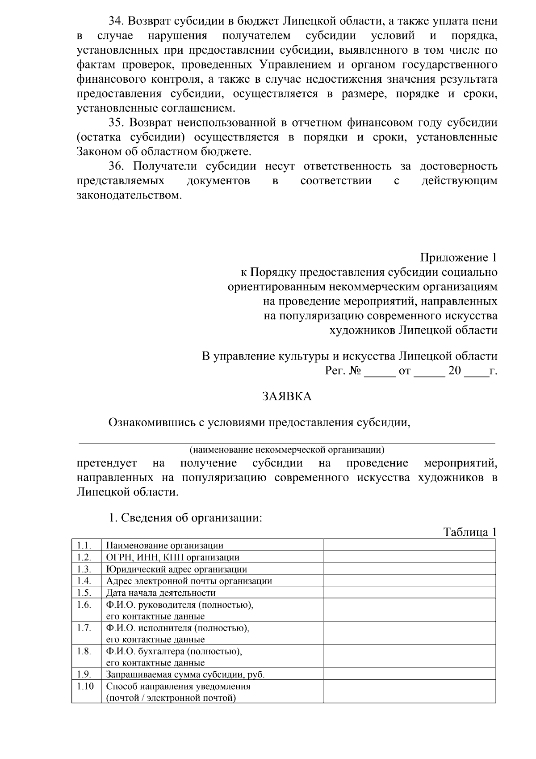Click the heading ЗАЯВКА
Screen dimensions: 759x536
[286, 397]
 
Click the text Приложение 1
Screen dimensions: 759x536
[458, 258]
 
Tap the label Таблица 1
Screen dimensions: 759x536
[469, 532]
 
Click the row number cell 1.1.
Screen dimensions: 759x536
[84, 545]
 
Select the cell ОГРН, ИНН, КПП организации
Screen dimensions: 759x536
[172, 557]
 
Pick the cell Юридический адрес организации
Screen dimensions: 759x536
[176, 569]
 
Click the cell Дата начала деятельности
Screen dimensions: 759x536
[161, 593]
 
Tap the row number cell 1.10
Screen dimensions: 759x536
[85, 687]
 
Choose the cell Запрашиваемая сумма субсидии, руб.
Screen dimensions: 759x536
[188, 675]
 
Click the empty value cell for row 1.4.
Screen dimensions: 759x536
[409, 581]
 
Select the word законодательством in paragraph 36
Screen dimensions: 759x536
[130, 195]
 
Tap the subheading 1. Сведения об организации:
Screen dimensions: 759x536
[185, 518]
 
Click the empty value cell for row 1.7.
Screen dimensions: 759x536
[409, 633]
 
